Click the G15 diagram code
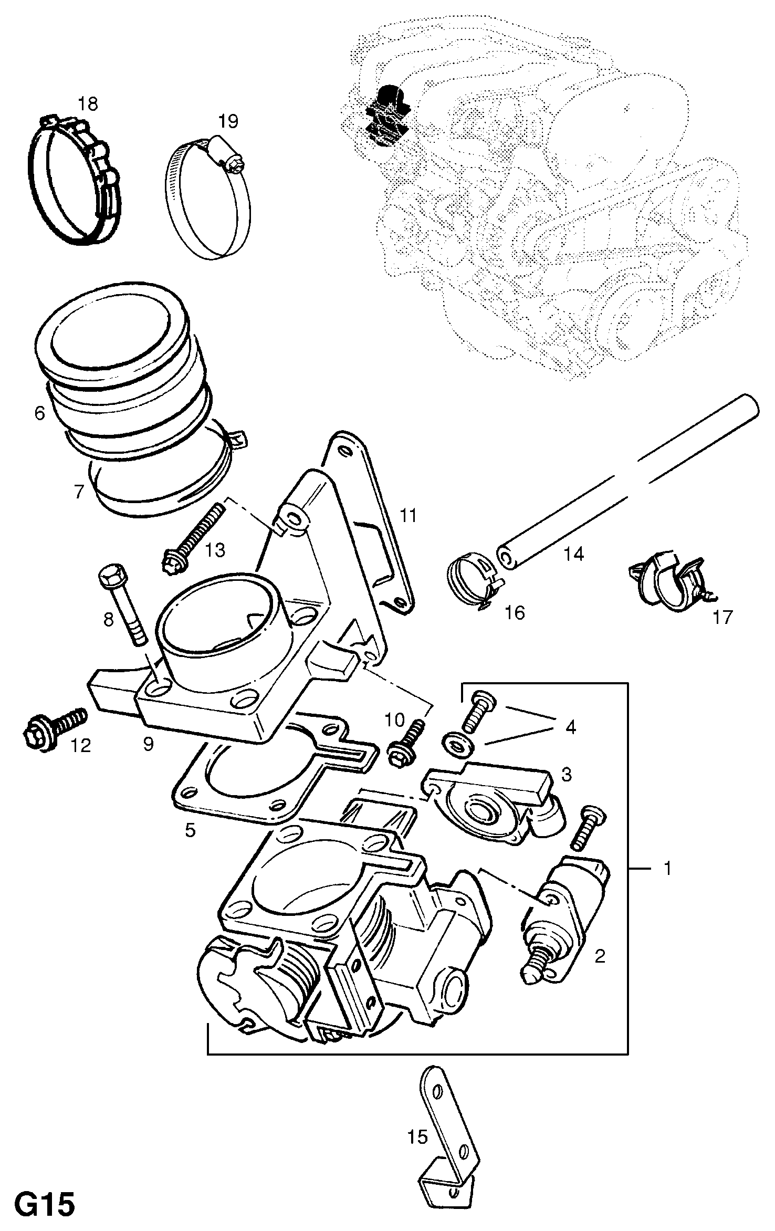[44, 1202]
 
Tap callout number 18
[88, 104]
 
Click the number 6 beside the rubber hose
[40, 413]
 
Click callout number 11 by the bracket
[408, 516]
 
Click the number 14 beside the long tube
[573, 554]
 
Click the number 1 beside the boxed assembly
[667, 869]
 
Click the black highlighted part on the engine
[386, 113]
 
